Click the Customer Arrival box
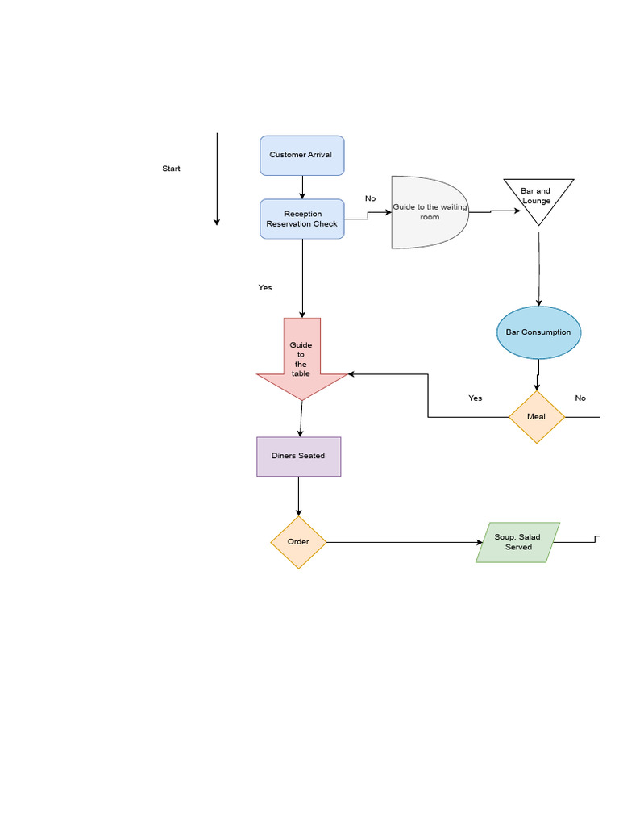click(x=301, y=155)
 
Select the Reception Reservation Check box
click(x=301, y=219)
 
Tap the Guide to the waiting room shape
click(x=429, y=212)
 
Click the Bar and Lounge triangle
click(x=538, y=197)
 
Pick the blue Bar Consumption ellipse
click(x=538, y=332)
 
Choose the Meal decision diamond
click(x=536, y=417)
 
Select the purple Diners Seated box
click(x=298, y=457)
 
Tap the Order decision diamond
click(x=298, y=542)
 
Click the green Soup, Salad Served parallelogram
click(x=517, y=542)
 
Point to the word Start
click(x=171, y=169)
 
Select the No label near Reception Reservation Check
click(x=370, y=198)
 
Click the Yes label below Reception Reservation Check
click(x=265, y=288)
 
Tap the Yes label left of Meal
click(x=476, y=398)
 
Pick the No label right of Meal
click(x=580, y=398)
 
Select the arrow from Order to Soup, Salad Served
click(x=403, y=542)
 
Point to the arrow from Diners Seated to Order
click(x=298, y=496)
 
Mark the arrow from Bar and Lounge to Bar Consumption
click(x=538, y=266)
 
